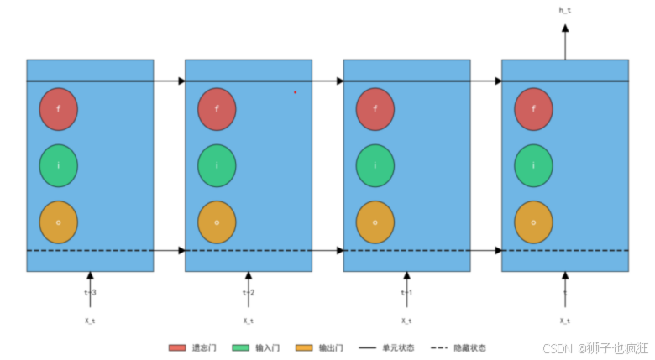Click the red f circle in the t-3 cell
point(58,109)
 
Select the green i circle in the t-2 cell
point(217,165)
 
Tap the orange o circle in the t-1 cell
point(375,222)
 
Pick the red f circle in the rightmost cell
point(533,109)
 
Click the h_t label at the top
point(565,10)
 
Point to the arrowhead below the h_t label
point(565,29)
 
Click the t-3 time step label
point(90,292)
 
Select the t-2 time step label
point(249,292)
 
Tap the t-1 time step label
point(406,292)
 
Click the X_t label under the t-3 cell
point(90,321)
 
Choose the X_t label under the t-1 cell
point(406,321)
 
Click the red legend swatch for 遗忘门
point(176,347)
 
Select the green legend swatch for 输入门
point(240,347)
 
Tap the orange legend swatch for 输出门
point(304,347)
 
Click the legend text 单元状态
point(399,347)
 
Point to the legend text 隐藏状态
point(470,347)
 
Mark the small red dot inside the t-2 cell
point(295,92)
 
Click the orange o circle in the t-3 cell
point(58,222)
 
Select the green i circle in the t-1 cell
point(375,165)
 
